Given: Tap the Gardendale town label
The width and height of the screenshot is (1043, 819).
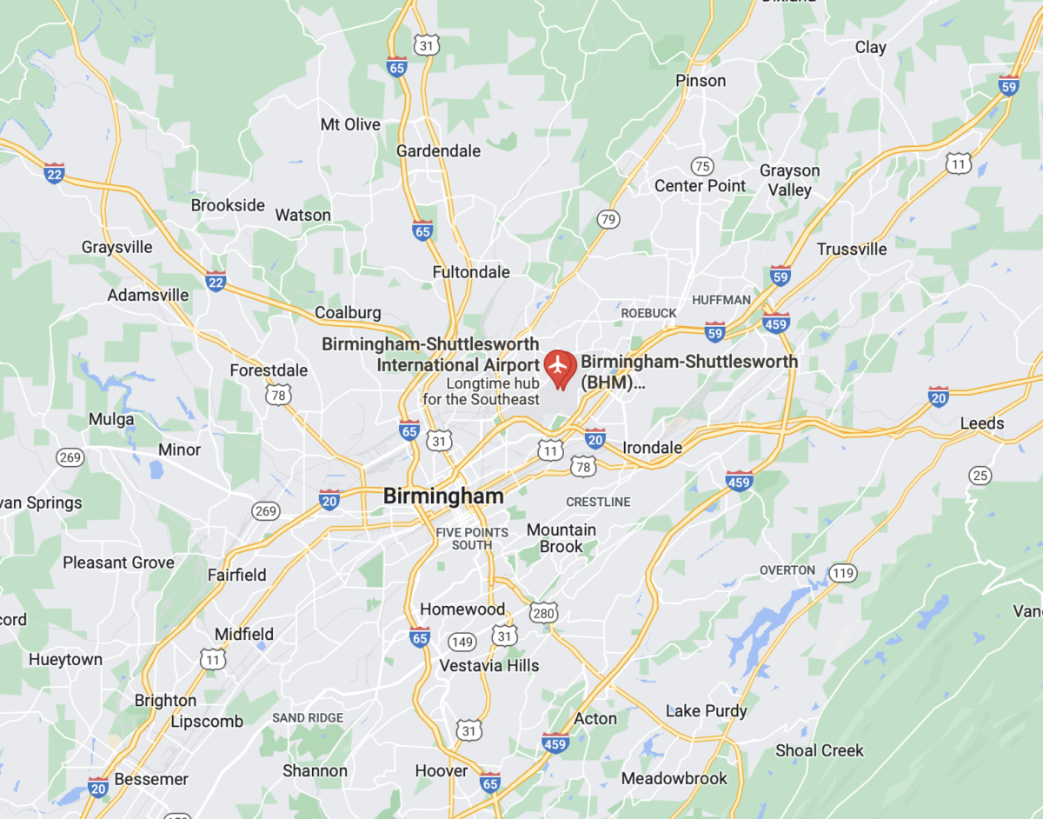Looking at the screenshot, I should [438, 151].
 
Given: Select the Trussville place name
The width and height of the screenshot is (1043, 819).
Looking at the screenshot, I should [852, 250].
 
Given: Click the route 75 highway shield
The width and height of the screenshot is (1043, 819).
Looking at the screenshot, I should [702, 166].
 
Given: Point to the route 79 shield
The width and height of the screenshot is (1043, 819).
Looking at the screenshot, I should [608, 219].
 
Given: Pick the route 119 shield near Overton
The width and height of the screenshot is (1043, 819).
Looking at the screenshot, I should [841, 573].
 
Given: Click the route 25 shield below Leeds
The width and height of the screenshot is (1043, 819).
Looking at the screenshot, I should [980, 476].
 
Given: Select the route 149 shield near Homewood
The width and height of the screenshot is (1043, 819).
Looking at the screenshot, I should [462, 642].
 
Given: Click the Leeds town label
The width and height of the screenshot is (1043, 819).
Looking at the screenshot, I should [982, 424].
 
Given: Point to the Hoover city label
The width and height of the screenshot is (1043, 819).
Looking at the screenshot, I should [441, 771].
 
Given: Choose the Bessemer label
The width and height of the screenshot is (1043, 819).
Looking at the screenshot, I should [151, 779].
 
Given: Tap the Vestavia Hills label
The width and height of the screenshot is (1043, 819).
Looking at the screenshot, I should [489, 666].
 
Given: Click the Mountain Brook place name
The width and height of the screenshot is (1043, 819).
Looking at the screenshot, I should [561, 538].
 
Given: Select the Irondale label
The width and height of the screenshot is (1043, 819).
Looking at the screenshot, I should [652, 448].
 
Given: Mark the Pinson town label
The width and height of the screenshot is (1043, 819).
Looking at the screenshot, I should [701, 81].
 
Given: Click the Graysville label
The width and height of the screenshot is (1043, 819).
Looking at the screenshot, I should [117, 248].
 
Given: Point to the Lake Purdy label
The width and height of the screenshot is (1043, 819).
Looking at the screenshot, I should [706, 711].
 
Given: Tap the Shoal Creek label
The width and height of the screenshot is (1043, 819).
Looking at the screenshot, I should [820, 750].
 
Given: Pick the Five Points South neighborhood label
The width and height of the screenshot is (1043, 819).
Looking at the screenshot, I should [471, 538].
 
